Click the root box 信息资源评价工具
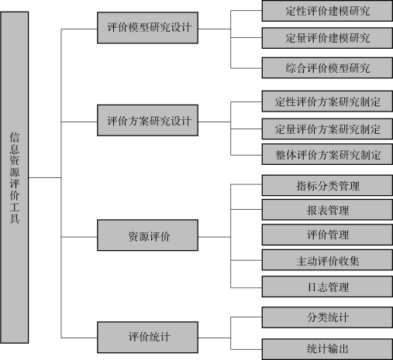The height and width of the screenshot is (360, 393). tap(15, 177)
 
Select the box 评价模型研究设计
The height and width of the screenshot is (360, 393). tap(147, 28)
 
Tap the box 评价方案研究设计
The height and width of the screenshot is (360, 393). tap(147, 120)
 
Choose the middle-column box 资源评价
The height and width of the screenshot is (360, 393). tap(147, 235)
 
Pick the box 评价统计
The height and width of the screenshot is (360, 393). tap(147, 338)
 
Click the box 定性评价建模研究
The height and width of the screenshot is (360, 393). tap(327, 11)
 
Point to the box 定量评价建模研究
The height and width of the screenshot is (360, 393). tap(327, 38)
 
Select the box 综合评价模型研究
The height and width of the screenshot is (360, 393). tap(327, 68)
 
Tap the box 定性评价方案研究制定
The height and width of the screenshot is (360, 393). tap(327, 101)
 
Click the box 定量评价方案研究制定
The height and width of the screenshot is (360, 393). tap(327, 129)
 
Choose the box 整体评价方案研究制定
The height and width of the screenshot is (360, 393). tap(327, 154)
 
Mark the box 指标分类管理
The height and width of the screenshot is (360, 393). tap(327, 186)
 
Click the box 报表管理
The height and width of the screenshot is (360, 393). tap(327, 210)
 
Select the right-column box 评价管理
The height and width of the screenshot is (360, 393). tap(327, 235)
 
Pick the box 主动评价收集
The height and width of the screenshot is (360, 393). tap(327, 260)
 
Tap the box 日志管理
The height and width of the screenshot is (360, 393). tap(327, 286)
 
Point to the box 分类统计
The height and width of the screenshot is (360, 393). tap(327, 317)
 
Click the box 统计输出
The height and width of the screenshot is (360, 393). tap(327, 349)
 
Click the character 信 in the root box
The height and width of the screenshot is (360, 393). tap(15, 137)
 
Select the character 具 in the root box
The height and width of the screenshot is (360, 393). tap(15, 218)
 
